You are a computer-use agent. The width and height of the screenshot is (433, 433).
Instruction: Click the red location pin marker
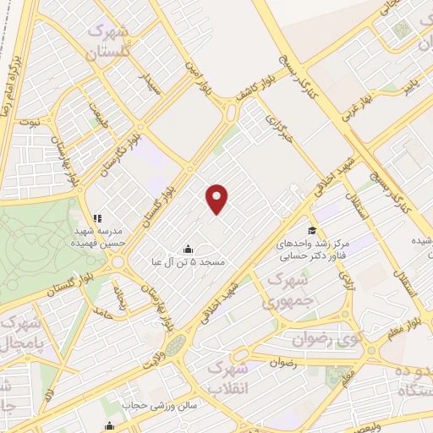218,198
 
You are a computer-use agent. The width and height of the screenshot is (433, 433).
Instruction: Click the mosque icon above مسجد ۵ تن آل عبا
187,249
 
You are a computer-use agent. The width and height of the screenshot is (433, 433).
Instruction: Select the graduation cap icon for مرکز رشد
312,231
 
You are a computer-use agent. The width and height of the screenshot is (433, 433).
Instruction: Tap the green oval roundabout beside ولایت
176,345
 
